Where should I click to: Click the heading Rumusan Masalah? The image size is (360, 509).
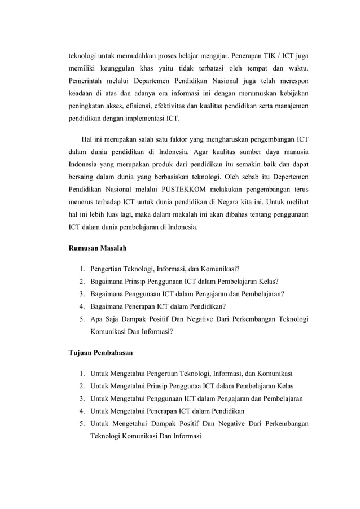(x=97, y=248)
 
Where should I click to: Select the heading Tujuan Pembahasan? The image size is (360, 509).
(x=100, y=353)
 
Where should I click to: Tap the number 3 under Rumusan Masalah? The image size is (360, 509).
(x=82, y=293)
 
